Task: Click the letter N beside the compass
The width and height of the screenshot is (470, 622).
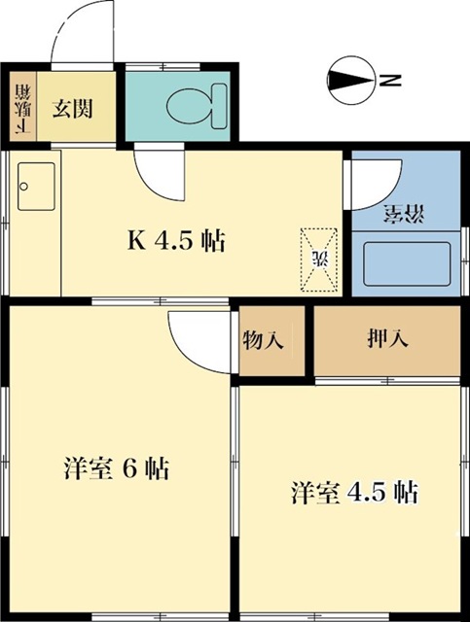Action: (389, 81)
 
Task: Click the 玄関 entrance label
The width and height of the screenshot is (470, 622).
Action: (72, 108)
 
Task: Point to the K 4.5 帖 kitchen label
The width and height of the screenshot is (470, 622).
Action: (177, 240)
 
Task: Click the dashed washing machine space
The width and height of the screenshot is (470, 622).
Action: (317, 258)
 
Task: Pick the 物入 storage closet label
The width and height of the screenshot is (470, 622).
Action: (263, 340)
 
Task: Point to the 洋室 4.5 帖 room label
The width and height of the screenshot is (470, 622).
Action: (354, 493)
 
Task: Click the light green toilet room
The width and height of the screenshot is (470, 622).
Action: (179, 105)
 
